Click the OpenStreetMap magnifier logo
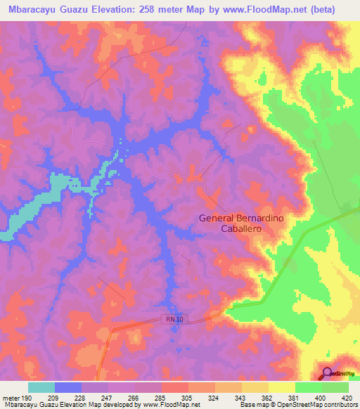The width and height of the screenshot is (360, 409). click(x=327, y=373)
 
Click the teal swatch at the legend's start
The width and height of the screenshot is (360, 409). click(x=41, y=387)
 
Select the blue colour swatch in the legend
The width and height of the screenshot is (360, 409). click(x=68, y=387)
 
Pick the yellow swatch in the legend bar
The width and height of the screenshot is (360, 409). click(x=281, y=387)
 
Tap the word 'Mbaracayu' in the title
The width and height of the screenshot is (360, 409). click(x=31, y=9)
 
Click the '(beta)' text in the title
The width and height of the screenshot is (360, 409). click(x=322, y=9)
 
